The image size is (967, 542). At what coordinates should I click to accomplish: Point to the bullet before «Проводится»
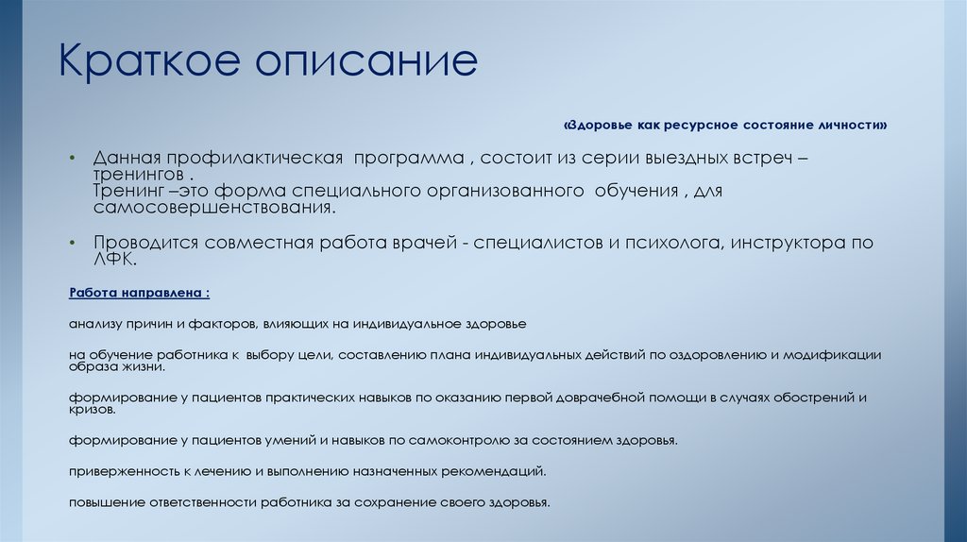72,243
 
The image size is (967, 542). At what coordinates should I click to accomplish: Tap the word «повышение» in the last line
104,502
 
